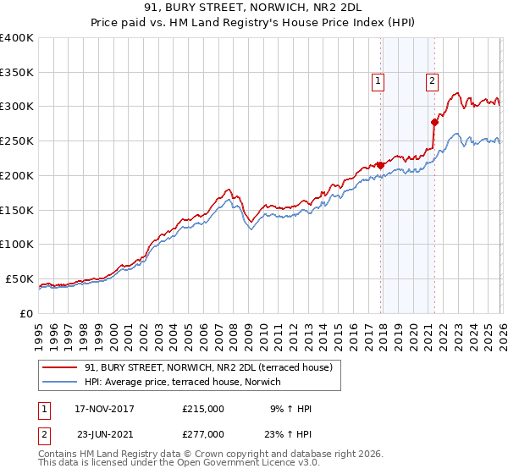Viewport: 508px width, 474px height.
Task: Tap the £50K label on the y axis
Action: coord(19,278)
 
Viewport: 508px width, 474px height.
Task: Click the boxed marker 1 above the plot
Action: coord(377,81)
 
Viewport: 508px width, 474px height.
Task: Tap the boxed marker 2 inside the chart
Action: coord(432,81)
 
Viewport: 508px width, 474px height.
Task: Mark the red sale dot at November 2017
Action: coord(380,164)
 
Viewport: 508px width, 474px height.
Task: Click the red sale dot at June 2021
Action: coord(434,122)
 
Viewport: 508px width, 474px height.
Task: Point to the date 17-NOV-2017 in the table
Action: coord(104,409)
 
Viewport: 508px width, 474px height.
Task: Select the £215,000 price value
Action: coord(203,409)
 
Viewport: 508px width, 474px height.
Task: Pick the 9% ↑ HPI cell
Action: coord(290,409)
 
